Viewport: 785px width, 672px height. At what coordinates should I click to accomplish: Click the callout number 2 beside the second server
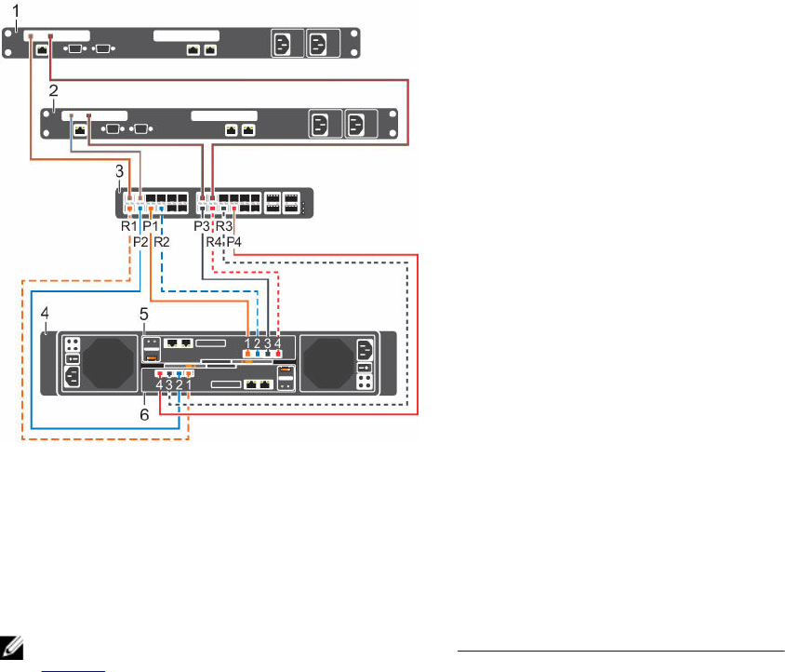(x=54, y=91)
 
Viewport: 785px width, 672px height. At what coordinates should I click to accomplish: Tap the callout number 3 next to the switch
(x=118, y=172)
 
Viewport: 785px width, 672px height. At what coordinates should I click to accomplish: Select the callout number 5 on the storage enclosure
(x=144, y=315)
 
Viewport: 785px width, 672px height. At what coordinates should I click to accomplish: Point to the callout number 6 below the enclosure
(x=144, y=414)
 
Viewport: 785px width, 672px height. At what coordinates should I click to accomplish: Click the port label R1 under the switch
(x=128, y=226)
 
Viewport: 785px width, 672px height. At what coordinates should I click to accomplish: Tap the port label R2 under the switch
(x=161, y=241)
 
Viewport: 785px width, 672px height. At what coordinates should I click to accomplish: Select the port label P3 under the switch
(x=202, y=226)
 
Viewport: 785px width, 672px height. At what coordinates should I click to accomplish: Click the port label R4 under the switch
(x=214, y=242)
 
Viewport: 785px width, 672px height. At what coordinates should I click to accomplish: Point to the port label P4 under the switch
(x=235, y=242)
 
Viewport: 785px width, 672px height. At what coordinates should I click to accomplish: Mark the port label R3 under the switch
(x=224, y=226)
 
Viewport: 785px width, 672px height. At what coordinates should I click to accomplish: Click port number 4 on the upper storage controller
(x=277, y=341)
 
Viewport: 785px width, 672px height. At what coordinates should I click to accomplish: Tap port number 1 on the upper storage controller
(x=247, y=341)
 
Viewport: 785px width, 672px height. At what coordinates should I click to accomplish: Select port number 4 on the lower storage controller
(x=159, y=384)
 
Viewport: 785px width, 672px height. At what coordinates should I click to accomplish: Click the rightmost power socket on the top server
(x=317, y=44)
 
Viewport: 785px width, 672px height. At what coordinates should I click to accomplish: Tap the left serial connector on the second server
(x=111, y=128)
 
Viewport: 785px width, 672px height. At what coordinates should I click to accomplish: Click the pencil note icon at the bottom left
(x=13, y=642)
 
